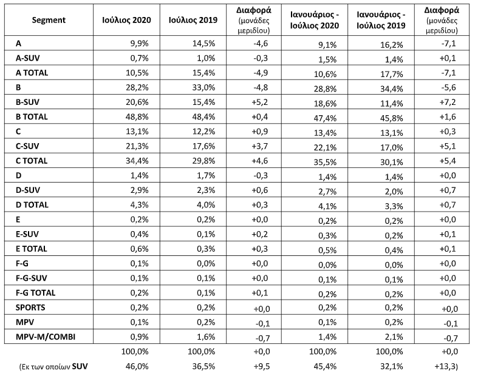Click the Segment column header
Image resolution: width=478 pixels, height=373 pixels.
click(49, 20)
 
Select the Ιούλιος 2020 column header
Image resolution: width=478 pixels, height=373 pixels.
click(126, 20)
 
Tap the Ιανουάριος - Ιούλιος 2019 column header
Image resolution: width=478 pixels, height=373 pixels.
click(381, 20)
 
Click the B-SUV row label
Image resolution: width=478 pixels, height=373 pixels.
click(27, 102)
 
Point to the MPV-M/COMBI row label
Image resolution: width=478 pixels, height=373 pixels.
click(46, 337)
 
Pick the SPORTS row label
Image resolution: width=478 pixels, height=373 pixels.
click(30, 307)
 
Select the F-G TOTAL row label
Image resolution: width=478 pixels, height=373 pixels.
click(35, 293)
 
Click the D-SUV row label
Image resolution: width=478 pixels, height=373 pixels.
click(28, 190)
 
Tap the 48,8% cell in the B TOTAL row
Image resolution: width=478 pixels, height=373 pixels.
click(137, 116)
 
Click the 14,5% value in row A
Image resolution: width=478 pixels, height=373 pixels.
click(203, 43)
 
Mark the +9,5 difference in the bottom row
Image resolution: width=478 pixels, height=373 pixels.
click(261, 366)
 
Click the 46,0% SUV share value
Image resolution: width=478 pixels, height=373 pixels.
click(137, 366)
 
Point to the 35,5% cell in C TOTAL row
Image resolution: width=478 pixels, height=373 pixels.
click(326, 162)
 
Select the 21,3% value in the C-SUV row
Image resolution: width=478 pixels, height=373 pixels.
click(137, 146)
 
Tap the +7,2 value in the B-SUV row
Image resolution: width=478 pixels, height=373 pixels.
click(448, 102)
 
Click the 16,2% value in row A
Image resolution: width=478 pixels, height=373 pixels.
click(392, 44)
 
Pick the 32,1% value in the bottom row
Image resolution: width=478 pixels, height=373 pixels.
click(392, 366)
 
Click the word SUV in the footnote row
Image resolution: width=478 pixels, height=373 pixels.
click(80, 366)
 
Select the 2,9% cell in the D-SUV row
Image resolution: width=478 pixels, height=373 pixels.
click(140, 190)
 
